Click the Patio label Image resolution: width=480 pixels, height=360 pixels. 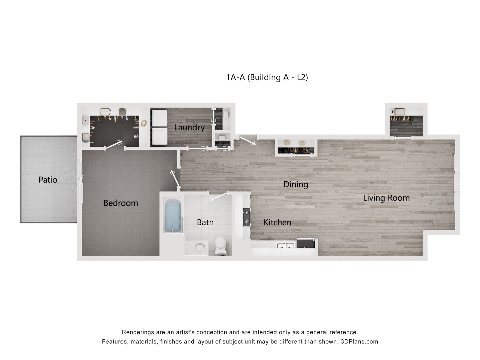pyautogui.click(x=48, y=180)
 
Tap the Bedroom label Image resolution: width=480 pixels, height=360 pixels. pyautogui.click(x=121, y=203)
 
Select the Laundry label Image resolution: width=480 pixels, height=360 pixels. pyautogui.click(x=189, y=127)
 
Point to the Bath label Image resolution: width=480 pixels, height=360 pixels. pyautogui.click(x=205, y=222)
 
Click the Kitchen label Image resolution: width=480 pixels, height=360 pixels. pyautogui.click(x=277, y=222)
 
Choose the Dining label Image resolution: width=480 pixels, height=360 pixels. pyautogui.click(x=296, y=184)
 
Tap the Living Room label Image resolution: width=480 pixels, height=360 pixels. pyautogui.click(x=386, y=198)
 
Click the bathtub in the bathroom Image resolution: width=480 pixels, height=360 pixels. pyautogui.click(x=173, y=216)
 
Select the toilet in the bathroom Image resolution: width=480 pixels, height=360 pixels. pyautogui.click(x=220, y=245)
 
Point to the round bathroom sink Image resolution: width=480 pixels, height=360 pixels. pyautogui.click(x=200, y=247)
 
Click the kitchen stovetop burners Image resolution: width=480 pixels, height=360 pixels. pyautogui.click(x=247, y=217)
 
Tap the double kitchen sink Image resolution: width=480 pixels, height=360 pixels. pyautogui.click(x=285, y=246)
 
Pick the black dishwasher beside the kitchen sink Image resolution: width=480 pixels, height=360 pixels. pyautogui.click(x=305, y=243)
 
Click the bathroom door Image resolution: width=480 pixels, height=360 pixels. pyautogui.click(x=218, y=196)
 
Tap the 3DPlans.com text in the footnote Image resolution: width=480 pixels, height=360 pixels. pyautogui.click(x=359, y=342)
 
